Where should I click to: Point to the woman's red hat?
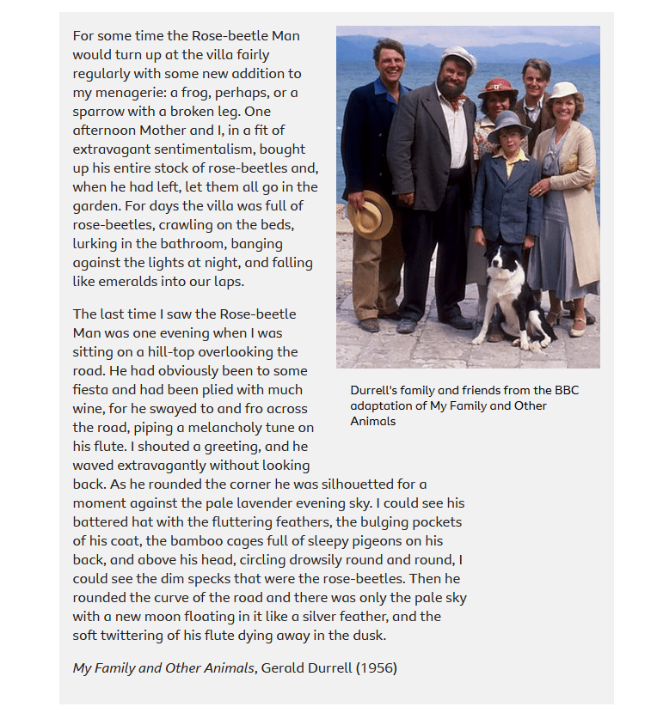(x=498, y=88)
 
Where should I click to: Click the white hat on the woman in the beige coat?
(x=563, y=90)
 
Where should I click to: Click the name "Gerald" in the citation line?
(x=286, y=667)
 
